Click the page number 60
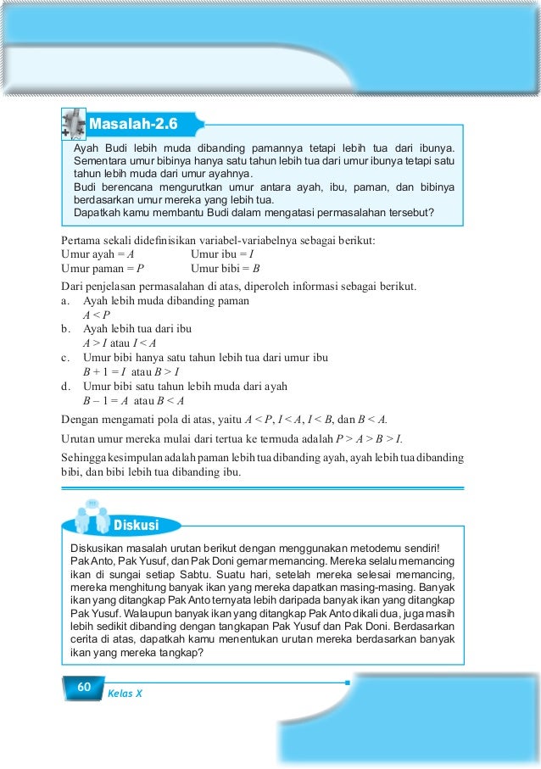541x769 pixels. tap(83, 687)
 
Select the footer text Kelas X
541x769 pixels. tap(125, 693)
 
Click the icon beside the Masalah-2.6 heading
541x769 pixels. tap(74, 125)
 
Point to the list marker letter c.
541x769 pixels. tap(65, 357)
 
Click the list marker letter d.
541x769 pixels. tap(65, 387)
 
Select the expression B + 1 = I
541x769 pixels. tap(104, 372)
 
